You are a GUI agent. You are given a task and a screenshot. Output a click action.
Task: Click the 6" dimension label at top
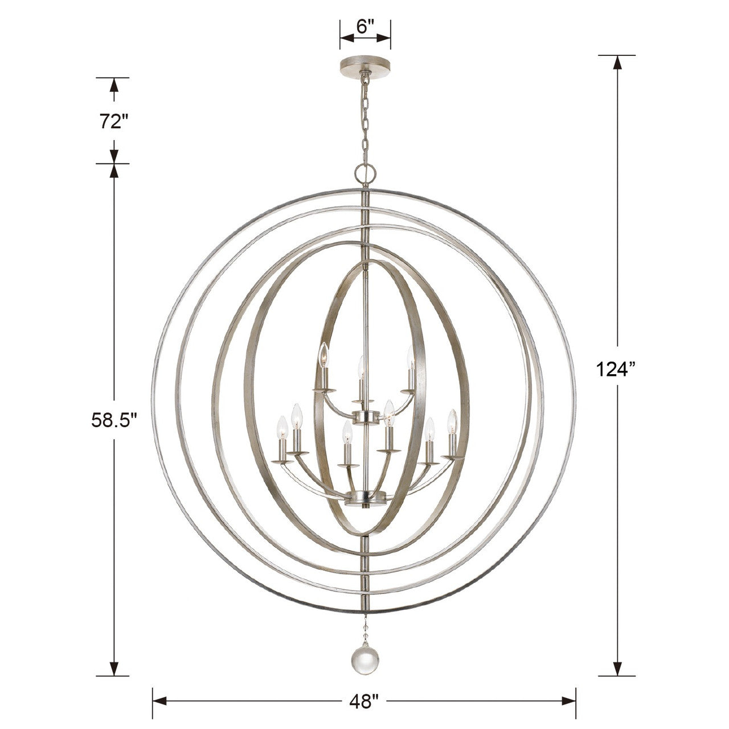point(365,27)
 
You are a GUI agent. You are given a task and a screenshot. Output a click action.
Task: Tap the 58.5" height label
point(114,420)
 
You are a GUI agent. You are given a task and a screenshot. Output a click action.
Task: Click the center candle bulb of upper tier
point(361,366)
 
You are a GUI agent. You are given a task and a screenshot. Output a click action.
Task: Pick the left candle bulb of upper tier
point(323,356)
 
